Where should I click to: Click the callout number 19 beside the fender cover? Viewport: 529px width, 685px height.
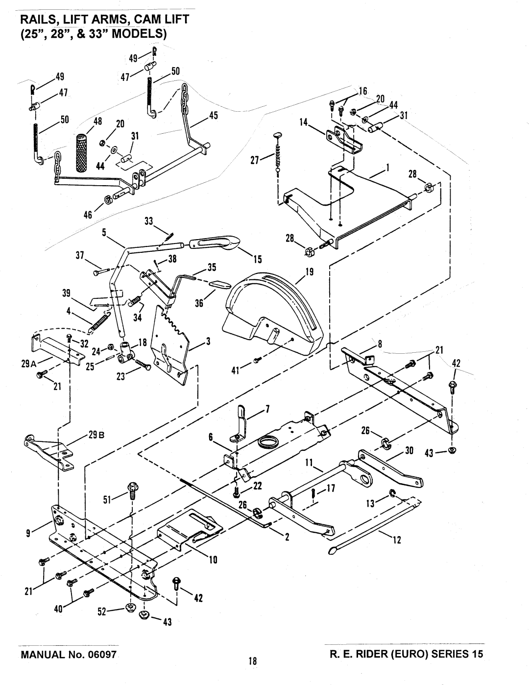pos(310,271)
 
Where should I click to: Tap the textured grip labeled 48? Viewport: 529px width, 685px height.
pos(83,152)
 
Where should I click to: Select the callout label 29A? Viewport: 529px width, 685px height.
pos(29,364)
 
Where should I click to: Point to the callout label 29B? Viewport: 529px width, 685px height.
pos(96,435)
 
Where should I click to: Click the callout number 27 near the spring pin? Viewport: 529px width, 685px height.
pos(255,160)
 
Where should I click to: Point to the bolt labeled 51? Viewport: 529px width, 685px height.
pos(132,491)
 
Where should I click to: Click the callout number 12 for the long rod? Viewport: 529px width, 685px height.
pos(397,540)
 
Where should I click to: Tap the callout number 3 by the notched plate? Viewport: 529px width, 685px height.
pos(208,341)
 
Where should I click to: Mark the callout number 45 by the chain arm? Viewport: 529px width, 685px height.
pos(214,116)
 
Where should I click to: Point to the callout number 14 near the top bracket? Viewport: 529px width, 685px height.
pos(304,122)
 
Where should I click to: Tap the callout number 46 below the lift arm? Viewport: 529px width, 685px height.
pos(88,215)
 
